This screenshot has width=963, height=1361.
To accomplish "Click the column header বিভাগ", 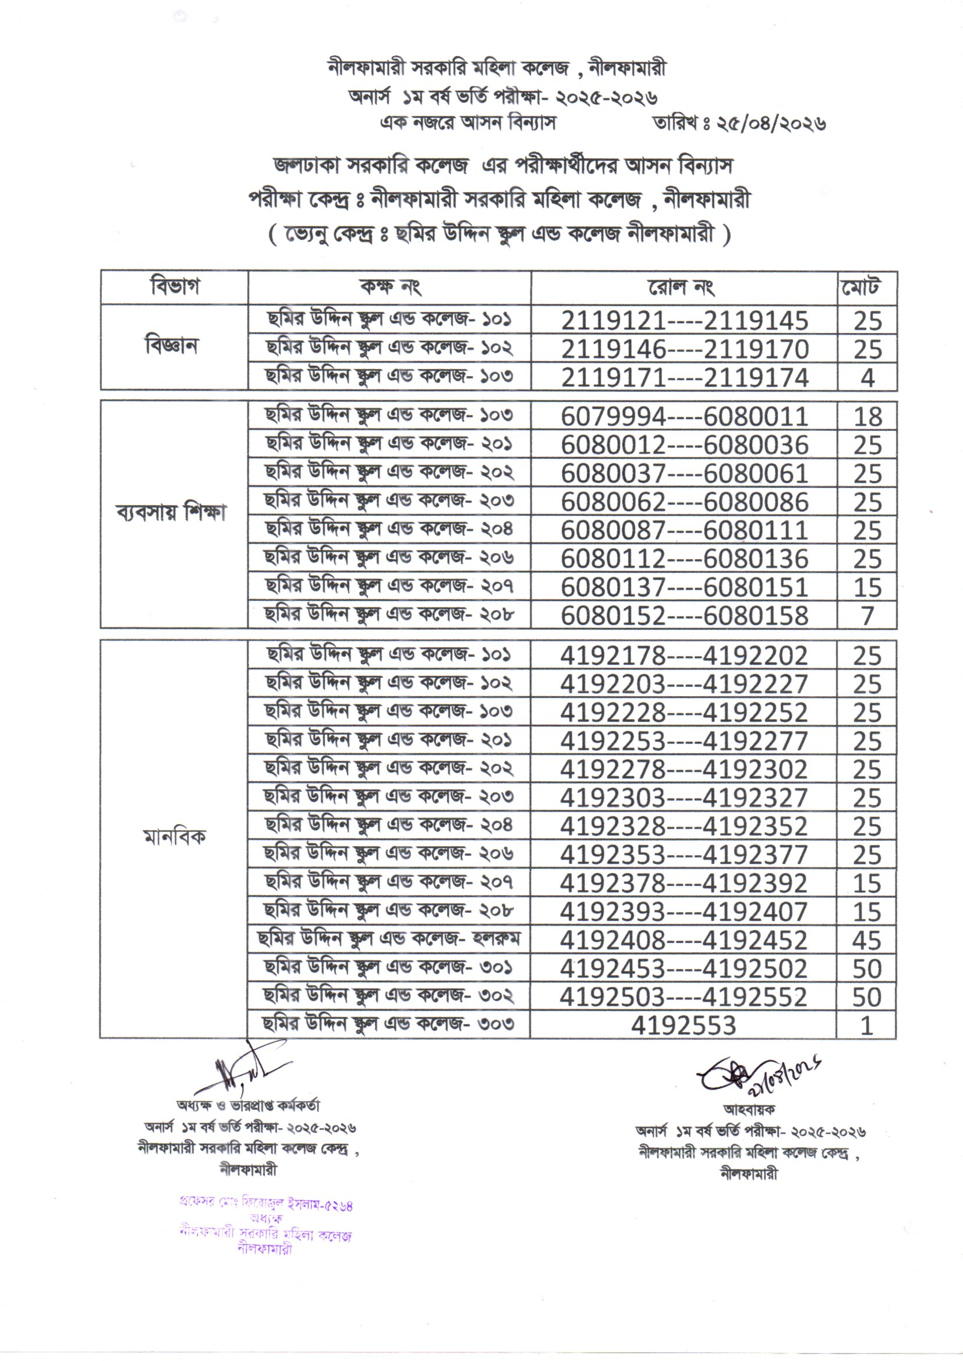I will point(174,288).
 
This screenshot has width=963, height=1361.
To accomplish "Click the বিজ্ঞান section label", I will point(172,346).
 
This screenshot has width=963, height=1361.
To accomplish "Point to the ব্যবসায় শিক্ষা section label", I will point(172,513).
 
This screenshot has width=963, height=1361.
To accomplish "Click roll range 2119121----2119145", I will point(684,321).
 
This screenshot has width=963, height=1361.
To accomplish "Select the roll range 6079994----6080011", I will point(684,417).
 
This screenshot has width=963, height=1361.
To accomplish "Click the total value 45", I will point(866,941).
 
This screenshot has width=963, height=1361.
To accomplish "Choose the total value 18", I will point(868,417).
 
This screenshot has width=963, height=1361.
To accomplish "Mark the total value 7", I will point(868,616).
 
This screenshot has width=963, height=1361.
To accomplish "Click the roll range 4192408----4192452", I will point(683,941).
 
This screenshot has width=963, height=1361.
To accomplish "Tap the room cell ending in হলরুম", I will point(389,940).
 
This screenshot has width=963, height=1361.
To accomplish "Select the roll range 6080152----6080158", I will point(684,616).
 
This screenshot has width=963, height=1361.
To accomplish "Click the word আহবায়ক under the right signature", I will point(748,1109).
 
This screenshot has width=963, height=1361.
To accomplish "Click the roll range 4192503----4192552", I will point(683,997).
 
